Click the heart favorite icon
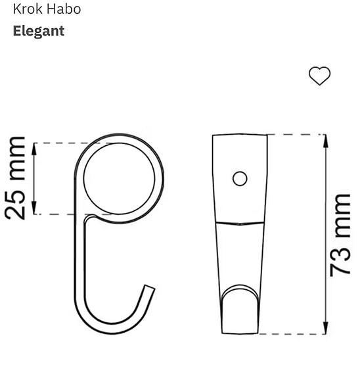pos(319,76)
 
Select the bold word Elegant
pos(39,31)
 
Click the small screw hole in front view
pos(240,177)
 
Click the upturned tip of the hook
pos(150,290)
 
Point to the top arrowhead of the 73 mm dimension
pos(323,139)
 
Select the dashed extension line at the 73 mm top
pos(296,134)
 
